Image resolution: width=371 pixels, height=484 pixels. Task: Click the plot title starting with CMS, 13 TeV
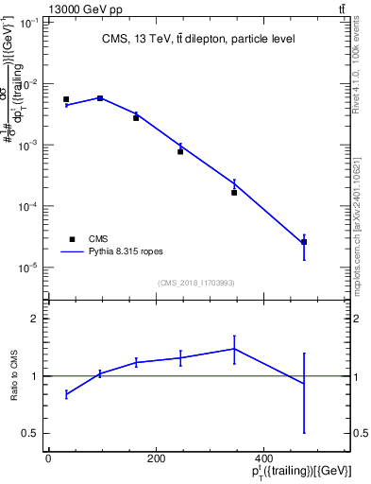(197, 39)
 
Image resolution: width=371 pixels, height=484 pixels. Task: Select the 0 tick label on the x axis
(48, 458)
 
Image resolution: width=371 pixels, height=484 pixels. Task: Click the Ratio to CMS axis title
(14, 376)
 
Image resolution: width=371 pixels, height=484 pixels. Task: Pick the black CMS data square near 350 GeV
(234, 192)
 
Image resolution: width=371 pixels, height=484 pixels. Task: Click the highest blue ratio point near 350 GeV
(234, 349)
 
